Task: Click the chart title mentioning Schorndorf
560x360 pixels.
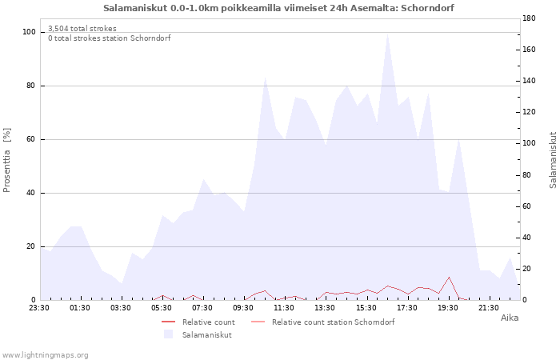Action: (x=278, y=8)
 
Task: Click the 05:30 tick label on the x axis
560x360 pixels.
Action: (x=162, y=308)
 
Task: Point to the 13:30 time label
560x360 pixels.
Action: (x=325, y=308)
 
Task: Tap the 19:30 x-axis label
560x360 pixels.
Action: (x=448, y=308)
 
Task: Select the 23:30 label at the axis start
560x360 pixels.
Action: (x=39, y=308)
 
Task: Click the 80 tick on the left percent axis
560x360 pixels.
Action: (x=30, y=86)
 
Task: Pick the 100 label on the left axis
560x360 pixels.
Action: (x=29, y=32)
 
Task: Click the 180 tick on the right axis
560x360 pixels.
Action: (x=529, y=18)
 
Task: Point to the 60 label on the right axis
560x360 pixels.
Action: (x=526, y=206)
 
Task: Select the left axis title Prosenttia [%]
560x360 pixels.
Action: (x=6, y=160)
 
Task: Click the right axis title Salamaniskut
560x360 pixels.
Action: (x=553, y=160)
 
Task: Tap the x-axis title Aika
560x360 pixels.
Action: (x=510, y=318)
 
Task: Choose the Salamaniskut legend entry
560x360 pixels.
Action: (x=198, y=335)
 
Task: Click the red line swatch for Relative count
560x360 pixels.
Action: (x=169, y=322)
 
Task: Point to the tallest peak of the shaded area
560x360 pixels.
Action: (x=387, y=34)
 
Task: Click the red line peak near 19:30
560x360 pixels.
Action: (x=449, y=277)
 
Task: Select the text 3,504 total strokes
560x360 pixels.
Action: (x=82, y=29)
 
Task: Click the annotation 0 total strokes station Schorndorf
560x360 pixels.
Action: (x=110, y=38)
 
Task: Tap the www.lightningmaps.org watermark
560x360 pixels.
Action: (x=45, y=355)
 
